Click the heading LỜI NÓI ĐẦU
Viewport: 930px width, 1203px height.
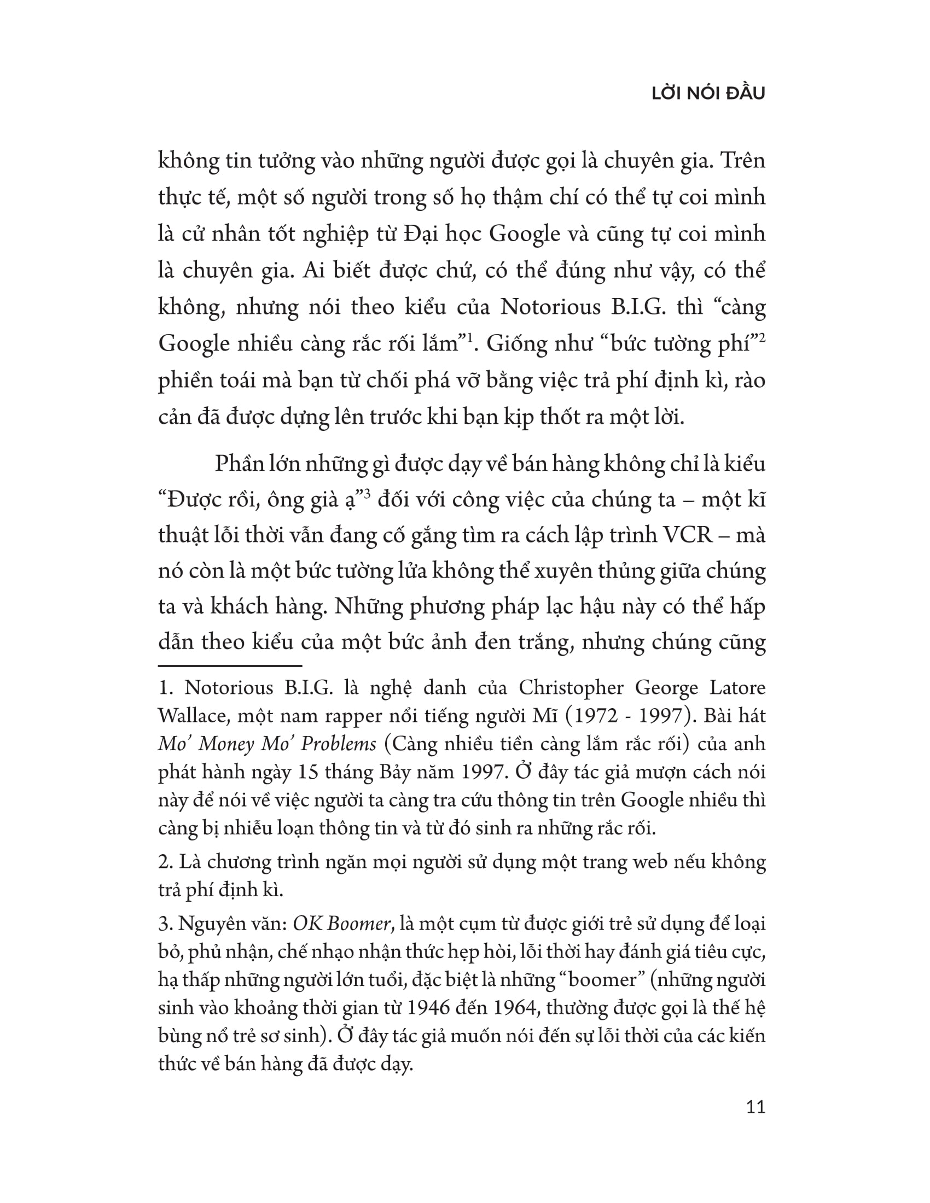pos(708,94)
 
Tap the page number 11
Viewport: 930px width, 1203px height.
pos(755,1107)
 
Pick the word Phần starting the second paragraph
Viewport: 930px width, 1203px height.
pos(238,464)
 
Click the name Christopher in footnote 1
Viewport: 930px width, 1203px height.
pos(571,688)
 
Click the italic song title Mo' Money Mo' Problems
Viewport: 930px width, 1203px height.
pos(266,744)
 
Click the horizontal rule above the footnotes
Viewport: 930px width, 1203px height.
pos(230,665)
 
